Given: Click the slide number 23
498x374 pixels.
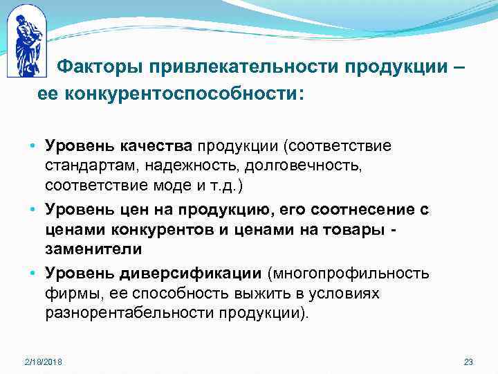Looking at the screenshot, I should coord(468,363).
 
